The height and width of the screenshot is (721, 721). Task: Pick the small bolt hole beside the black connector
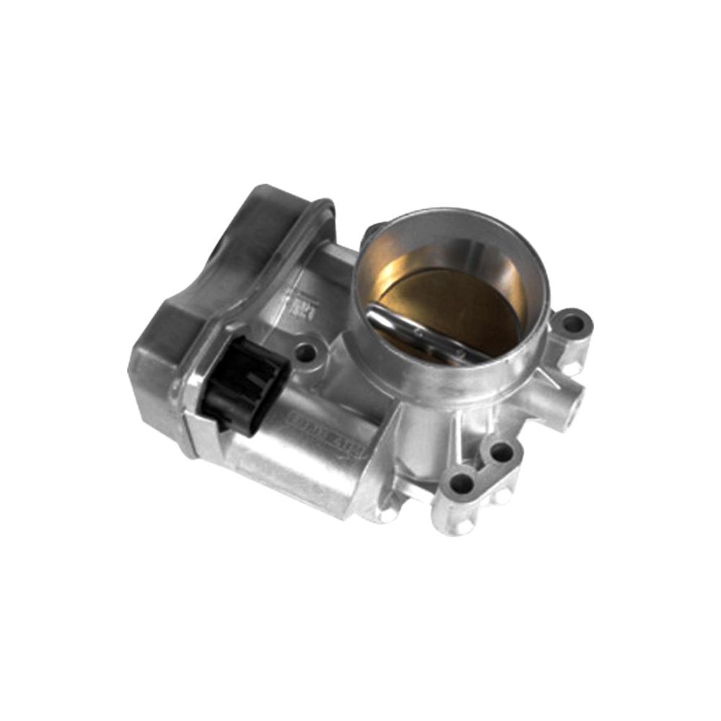tap(306, 353)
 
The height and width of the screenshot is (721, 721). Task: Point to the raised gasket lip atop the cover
tap(288, 238)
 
